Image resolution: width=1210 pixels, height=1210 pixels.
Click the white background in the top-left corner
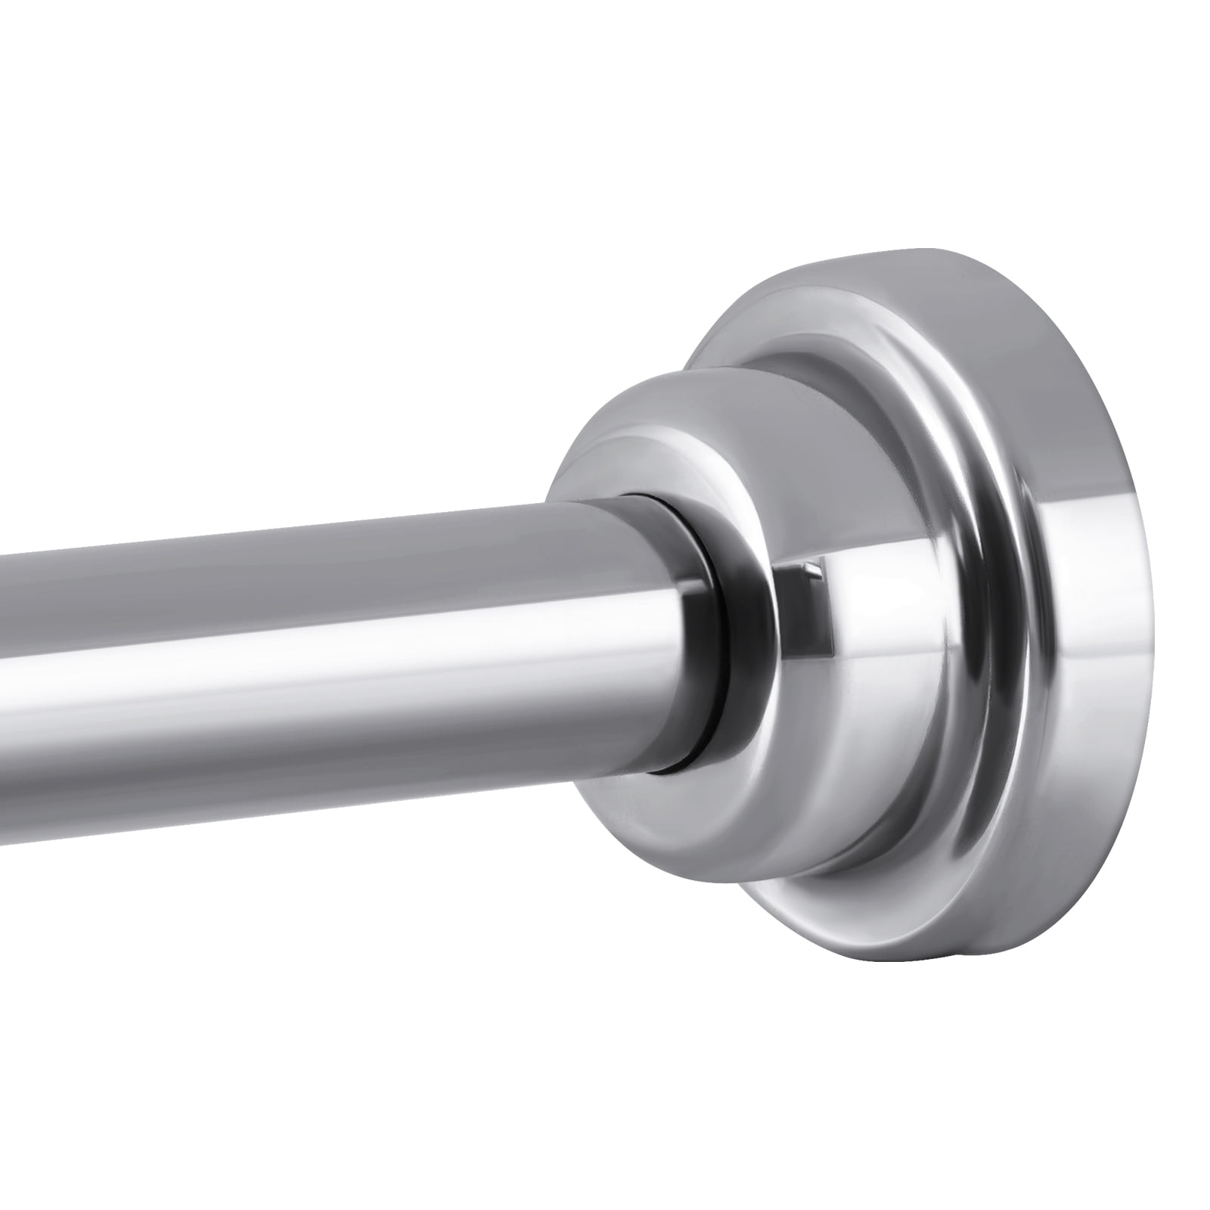pyautogui.click(x=76, y=76)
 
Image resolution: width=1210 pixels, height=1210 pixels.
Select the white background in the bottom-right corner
pyautogui.click(x=1134, y=1134)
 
